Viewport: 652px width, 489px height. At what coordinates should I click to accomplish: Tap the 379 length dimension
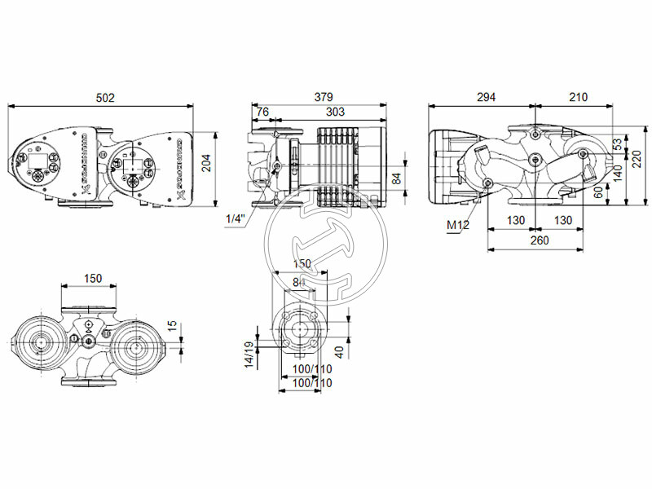pos(324,97)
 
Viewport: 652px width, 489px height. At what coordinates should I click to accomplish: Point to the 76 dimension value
pos(262,112)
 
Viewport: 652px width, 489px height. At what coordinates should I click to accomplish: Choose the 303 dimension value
pos(334,112)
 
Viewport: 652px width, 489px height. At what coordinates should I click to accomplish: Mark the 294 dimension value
pos(486,97)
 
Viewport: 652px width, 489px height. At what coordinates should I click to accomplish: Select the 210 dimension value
pos(577,97)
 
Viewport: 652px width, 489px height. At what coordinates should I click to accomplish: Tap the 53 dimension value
pos(617,143)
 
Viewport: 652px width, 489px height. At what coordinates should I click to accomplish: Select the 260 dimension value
pos(538,240)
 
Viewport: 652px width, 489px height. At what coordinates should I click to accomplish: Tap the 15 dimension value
pos(171,324)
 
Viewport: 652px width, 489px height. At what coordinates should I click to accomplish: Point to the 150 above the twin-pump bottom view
pos(93,278)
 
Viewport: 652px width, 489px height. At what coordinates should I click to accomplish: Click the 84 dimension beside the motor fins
pos(396,177)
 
